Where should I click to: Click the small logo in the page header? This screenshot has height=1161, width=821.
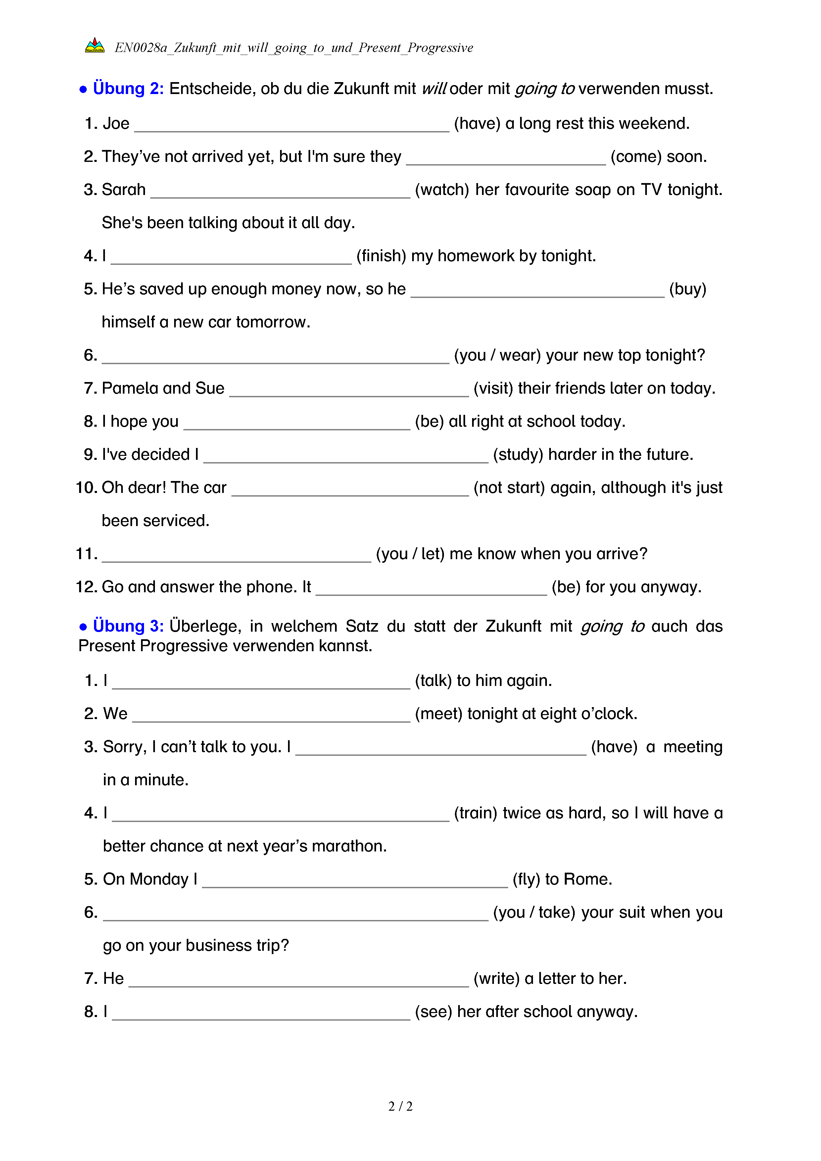[x=95, y=46]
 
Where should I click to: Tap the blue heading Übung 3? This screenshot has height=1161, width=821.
[x=128, y=626]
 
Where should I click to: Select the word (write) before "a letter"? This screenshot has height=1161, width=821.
[x=497, y=979]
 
